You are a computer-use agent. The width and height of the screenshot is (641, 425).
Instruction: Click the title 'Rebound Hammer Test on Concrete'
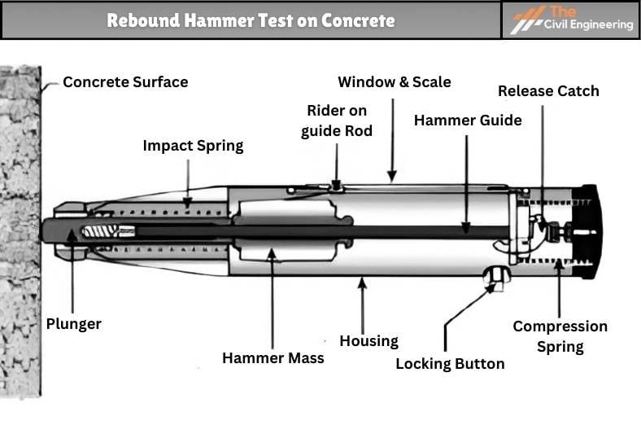[x=251, y=20]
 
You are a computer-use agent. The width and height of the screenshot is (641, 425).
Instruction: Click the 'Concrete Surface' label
[x=125, y=82]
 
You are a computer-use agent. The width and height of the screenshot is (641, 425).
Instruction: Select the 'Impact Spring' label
[x=193, y=147]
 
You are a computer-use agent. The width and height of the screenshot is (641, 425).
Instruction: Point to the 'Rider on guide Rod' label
[x=337, y=120]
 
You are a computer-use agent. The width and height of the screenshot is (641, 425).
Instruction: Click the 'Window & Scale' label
[x=394, y=82]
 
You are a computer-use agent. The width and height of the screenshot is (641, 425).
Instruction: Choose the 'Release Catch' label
[x=548, y=90]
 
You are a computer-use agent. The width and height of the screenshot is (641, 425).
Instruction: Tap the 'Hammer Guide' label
[x=468, y=120]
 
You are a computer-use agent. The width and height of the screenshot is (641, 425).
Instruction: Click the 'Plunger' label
[x=74, y=324]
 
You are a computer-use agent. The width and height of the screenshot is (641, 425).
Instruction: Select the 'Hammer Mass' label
[x=273, y=357]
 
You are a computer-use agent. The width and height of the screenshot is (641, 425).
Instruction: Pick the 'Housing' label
[x=368, y=341]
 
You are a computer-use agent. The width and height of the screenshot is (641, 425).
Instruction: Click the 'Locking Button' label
[x=450, y=364]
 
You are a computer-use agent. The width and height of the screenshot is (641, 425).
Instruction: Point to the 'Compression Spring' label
[x=560, y=336]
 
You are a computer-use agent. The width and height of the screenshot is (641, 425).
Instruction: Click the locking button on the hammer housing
[x=495, y=277]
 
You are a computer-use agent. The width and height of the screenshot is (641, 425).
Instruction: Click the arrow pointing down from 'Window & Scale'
[x=392, y=138]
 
